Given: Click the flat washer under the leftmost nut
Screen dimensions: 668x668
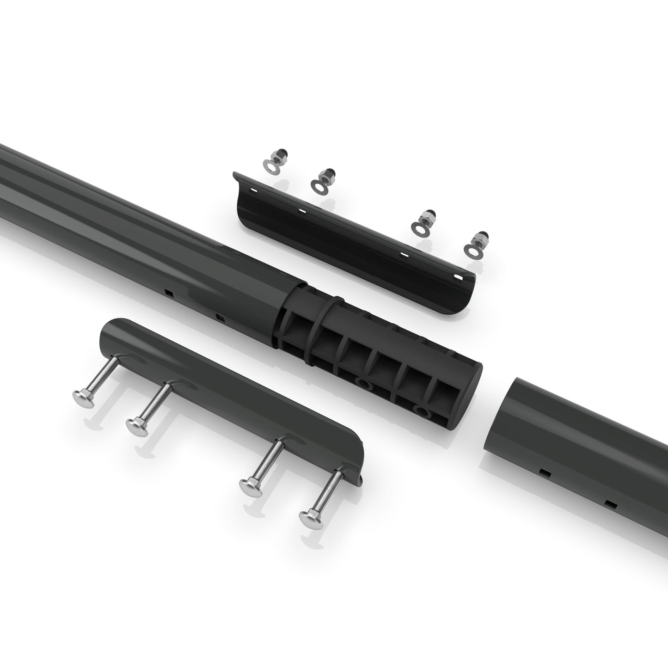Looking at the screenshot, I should click(270, 165).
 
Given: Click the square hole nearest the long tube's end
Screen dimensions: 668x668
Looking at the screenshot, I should click(220, 317).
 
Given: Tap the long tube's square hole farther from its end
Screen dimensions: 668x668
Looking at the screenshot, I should click(168, 292).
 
